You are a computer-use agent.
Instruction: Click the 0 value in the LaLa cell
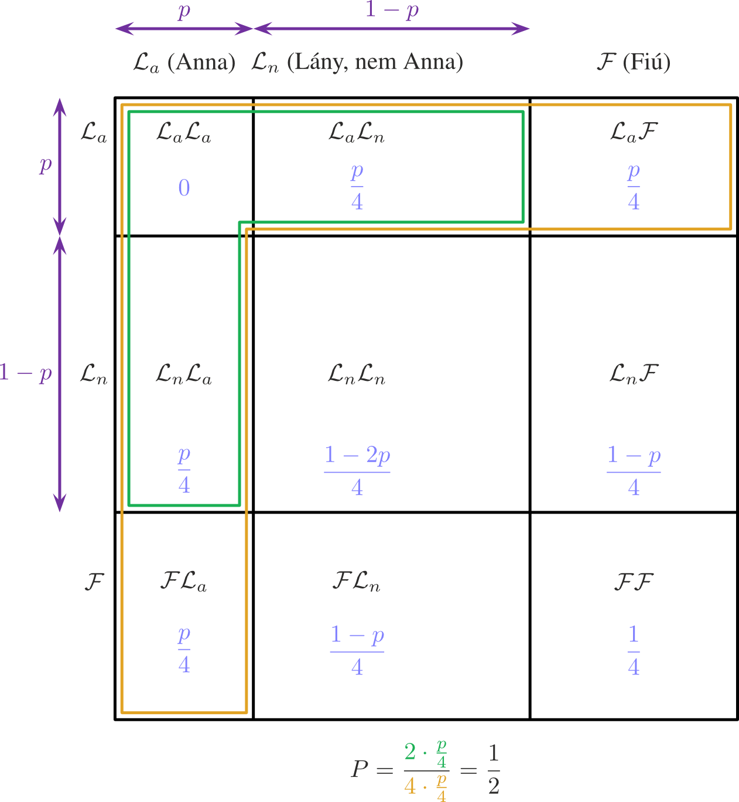coord(184,188)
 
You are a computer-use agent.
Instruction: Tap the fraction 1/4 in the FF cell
coord(634,650)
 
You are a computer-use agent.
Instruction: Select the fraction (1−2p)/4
coord(357,470)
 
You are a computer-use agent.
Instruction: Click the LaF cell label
coord(634,132)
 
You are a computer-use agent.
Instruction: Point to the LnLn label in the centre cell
coord(357,374)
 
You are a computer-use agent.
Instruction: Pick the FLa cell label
coord(183,582)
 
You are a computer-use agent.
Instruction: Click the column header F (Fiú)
coord(634,61)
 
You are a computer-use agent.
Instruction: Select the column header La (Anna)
coord(184,62)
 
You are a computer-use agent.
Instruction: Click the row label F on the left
coord(94,582)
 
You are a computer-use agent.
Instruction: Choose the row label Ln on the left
coord(94,374)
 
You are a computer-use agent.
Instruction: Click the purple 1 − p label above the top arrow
coord(392,10)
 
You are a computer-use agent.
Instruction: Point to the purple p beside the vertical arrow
coord(46,165)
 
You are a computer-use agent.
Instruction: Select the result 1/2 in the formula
coord(494,769)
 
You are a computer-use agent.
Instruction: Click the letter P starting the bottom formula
coord(360,769)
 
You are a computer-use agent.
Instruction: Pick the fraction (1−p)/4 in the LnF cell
coord(634,470)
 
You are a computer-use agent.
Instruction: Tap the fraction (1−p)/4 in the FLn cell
coord(357,650)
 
